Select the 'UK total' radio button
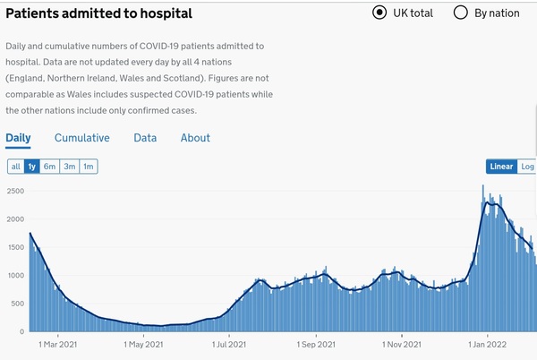pos(379,13)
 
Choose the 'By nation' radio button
pos(462,13)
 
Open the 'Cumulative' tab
pos(82,138)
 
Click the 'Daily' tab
pos(18,138)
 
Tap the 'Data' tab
pos(145,138)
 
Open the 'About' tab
pos(195,138)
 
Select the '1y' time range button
pos(32,167)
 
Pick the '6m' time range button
pos(50,167)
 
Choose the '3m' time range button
pos(70,167)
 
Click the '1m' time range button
pos(89,167)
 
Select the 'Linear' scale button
pos(502,167)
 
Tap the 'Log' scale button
pos(527,167)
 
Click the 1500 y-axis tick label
pos(15,248)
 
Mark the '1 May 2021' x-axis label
pos(143,344)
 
